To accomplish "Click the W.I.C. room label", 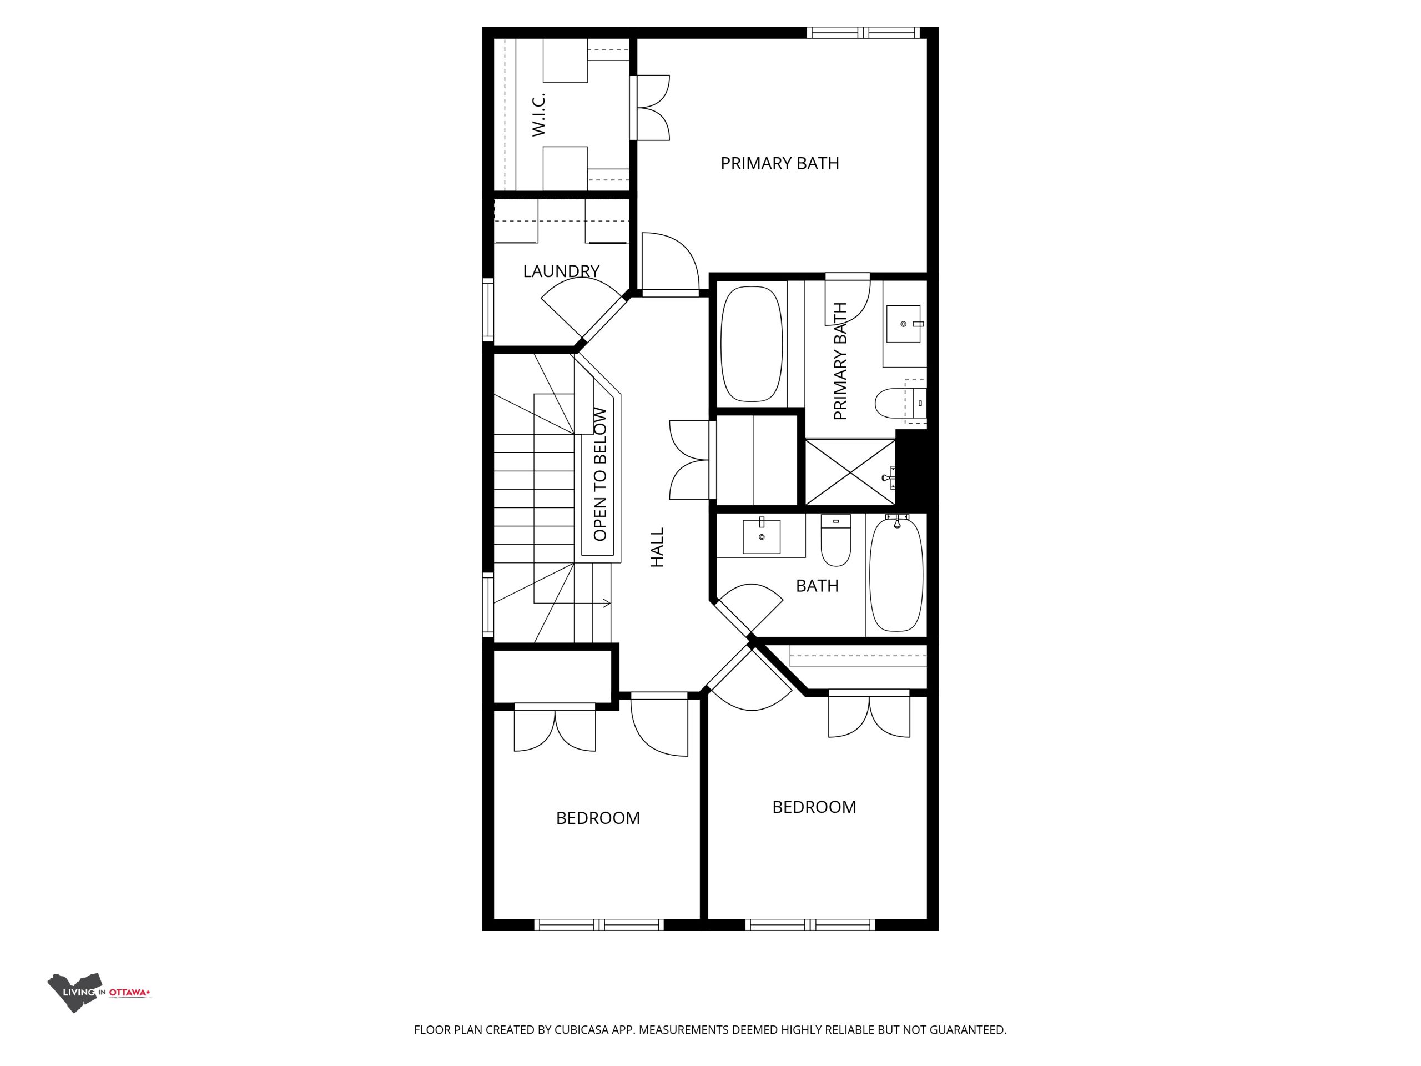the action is click(538, 114).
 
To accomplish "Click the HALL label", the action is click(657, 547).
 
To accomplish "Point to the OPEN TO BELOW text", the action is click(600, 474).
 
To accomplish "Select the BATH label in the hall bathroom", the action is click(817, 585).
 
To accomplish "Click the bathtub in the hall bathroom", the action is click(896, 573).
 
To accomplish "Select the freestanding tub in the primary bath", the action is click(752, 344).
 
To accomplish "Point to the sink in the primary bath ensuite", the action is click(904, 324).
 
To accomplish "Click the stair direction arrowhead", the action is click(607, 604).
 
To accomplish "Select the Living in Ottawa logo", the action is click(99, 993).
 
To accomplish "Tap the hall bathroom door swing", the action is click(748, 607).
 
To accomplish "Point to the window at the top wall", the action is click(863, 33).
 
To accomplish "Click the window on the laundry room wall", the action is click(488, 310).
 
